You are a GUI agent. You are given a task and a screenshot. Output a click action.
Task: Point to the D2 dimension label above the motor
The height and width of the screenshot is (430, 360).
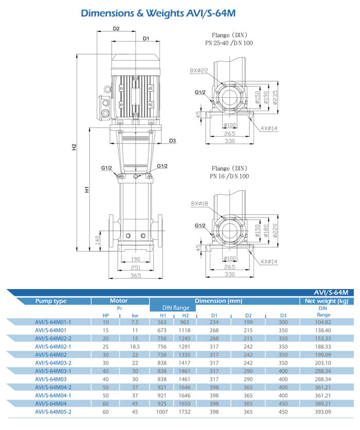[116, 29]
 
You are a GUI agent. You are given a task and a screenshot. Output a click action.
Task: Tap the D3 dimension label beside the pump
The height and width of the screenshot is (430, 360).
[172, 140]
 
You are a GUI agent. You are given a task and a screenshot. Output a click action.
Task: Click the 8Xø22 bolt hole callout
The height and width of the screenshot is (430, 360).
[199, 70]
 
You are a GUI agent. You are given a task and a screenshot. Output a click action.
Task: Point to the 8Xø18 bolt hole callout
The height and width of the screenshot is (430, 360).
[199, 204]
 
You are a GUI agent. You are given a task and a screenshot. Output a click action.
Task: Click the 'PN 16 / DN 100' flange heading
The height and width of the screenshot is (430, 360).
[229, 176]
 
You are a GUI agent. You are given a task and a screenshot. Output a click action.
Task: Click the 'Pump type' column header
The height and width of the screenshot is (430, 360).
[51, 301]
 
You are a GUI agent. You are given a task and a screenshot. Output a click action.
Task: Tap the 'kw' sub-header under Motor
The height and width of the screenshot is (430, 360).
[135, 315]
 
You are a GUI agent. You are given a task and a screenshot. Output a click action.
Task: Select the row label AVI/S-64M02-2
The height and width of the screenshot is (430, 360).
[53, 338]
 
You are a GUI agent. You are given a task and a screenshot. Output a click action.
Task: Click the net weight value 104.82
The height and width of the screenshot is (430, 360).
[322, 321]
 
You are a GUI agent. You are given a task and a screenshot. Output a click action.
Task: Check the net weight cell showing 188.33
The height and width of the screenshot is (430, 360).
[322, 346]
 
